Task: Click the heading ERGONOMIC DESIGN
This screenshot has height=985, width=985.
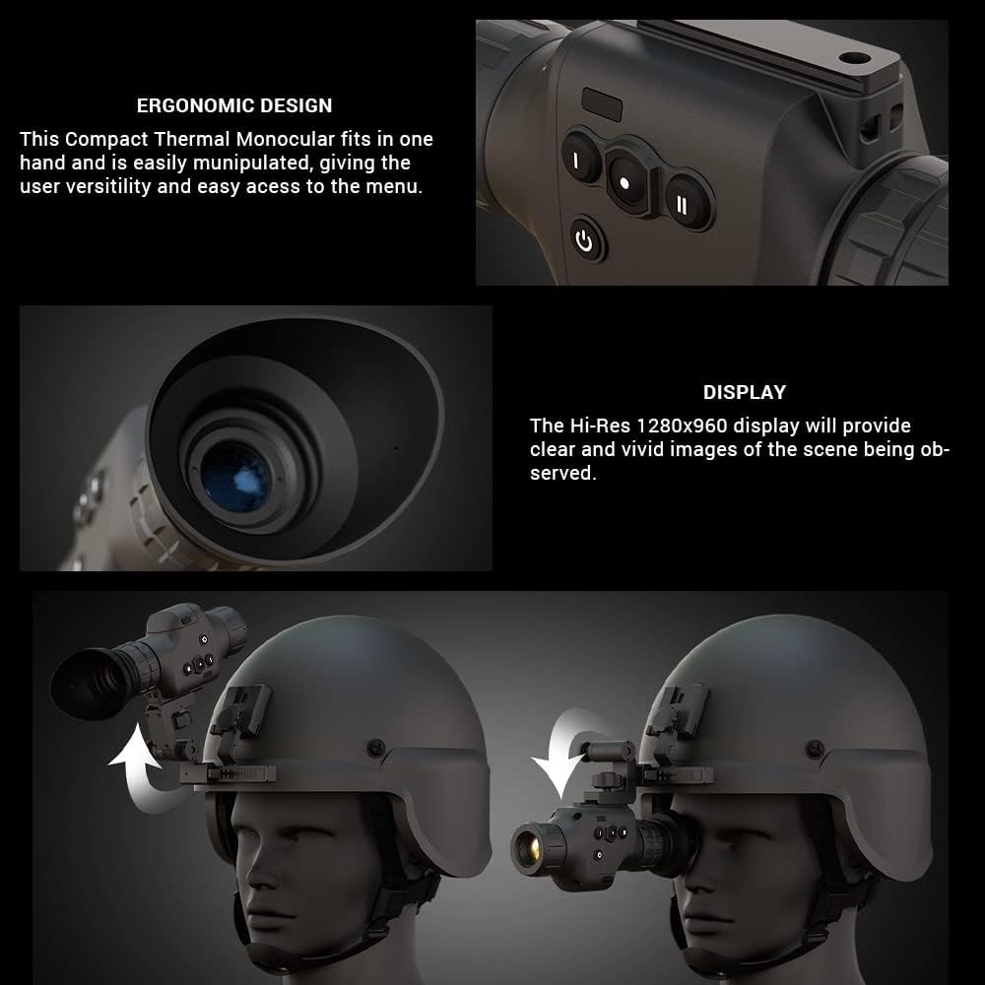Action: click(x=234, y=105)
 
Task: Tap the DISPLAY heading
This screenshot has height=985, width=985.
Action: click(x=745, y=392)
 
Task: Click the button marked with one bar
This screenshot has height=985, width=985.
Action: click(x=575, y=160)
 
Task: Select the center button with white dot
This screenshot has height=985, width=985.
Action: click(x=624, y=183)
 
